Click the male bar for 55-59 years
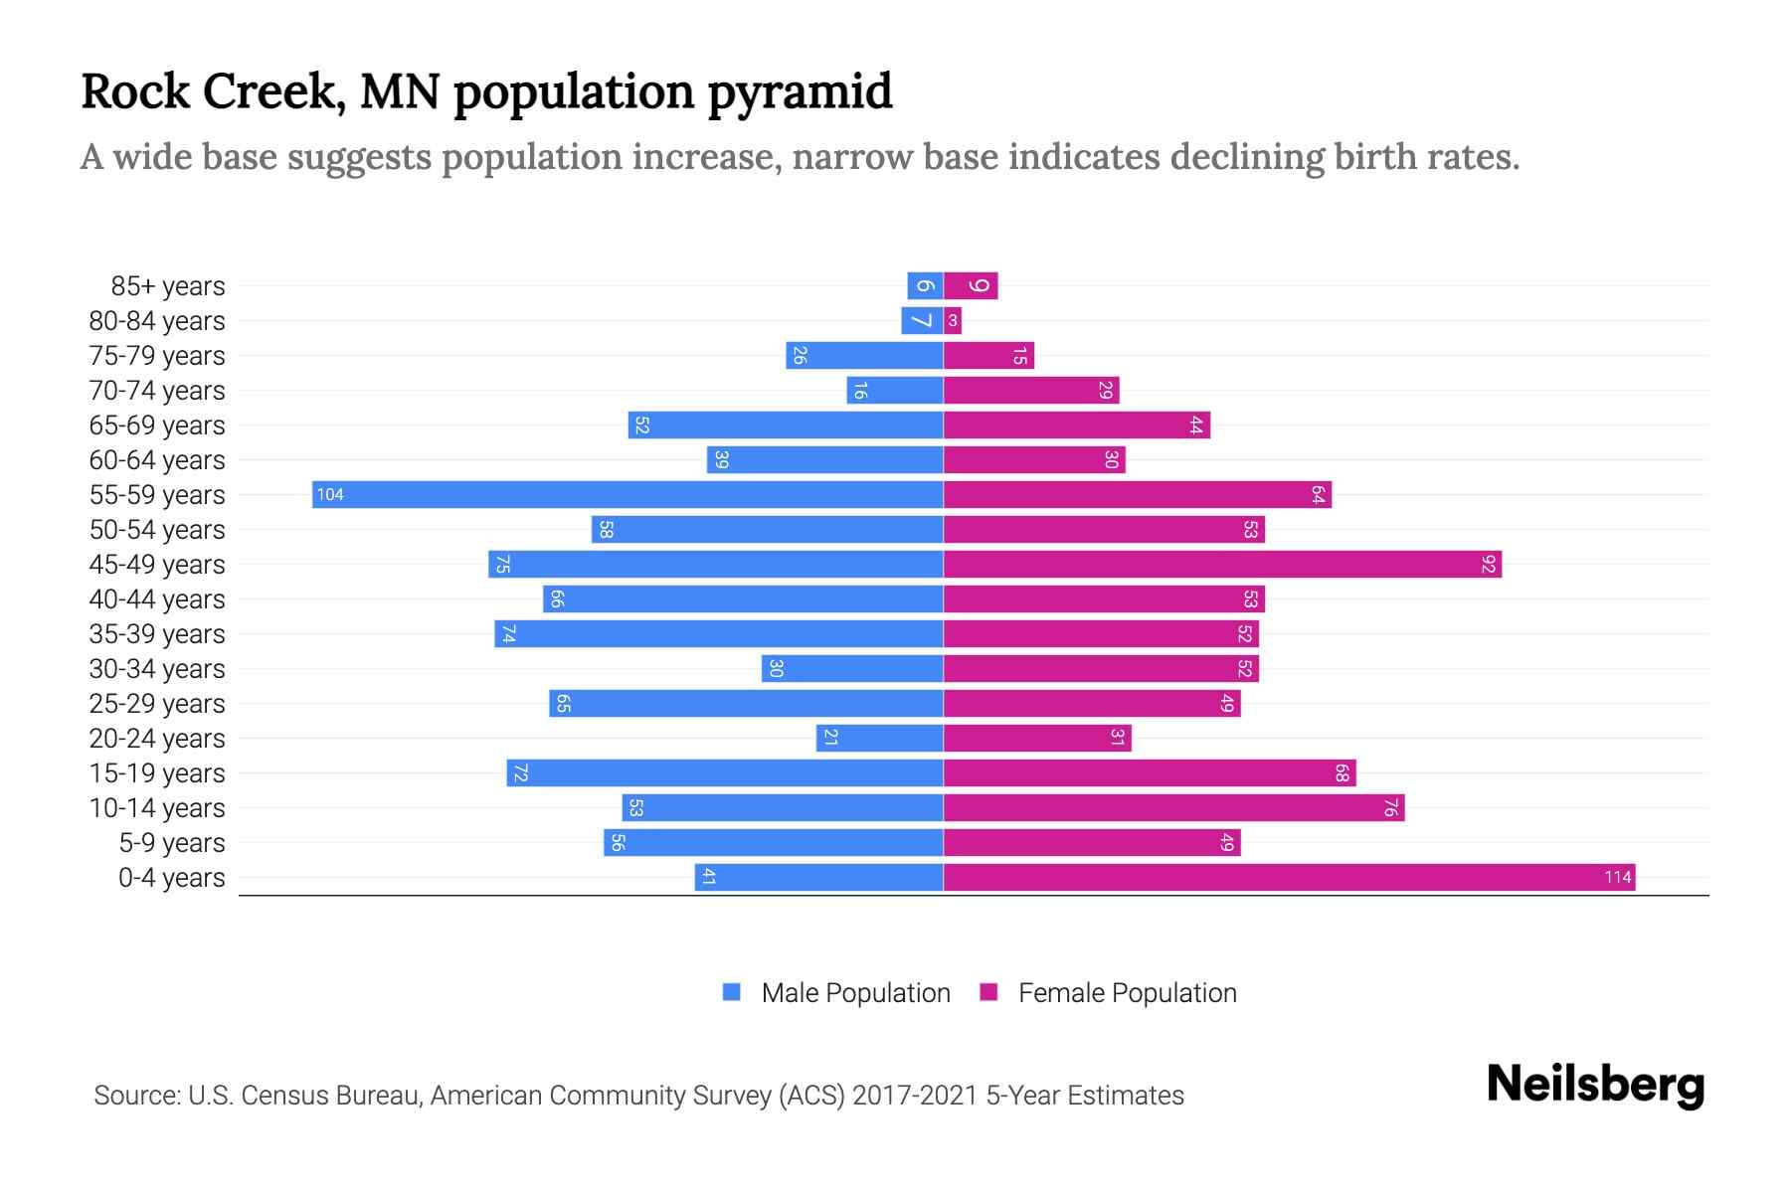(626, 494)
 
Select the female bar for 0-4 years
(1289, 877)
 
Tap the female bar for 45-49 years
(1221, 564)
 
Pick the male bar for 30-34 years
(852, 668)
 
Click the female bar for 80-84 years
(953, 320)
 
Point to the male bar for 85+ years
(925, 285)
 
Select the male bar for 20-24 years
(879, 738)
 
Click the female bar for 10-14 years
(1173, 807)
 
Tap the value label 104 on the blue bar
(330, 494)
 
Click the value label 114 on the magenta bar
(1617, 877)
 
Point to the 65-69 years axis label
(157, 425)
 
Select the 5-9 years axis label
(171, 842)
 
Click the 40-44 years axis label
(157, 598)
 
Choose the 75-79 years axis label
(157, 355)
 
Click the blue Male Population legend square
(732, 992)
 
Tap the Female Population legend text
(1127, 992)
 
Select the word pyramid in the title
(800, 91)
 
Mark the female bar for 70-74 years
(1031, 390)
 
